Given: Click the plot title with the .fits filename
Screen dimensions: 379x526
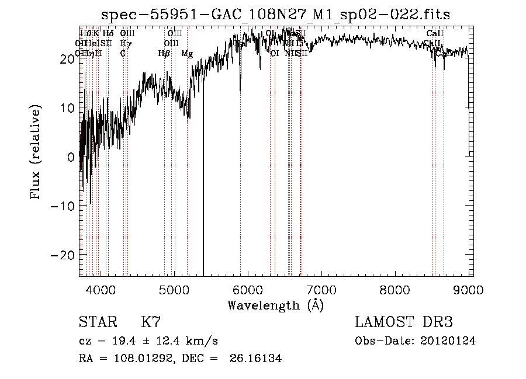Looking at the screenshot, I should coord(275,14).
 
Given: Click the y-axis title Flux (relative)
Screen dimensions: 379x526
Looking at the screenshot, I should coord(37,154).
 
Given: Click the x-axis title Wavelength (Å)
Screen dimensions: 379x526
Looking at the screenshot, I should coord(275,305).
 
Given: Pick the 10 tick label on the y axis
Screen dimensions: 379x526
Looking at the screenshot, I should coord(67,108).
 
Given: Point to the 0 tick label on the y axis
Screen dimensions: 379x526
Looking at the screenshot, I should coord(71,157).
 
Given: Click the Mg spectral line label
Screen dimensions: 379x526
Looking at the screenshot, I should coord(187,54).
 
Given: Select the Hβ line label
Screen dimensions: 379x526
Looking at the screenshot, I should coord(164,54).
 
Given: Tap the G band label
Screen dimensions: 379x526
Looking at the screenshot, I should coord(123,54).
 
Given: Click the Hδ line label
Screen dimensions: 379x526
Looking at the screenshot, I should coord(108,34).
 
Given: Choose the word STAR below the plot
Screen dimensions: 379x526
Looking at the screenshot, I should coord(97,322).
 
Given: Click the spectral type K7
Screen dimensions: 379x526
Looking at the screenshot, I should coord(151,322).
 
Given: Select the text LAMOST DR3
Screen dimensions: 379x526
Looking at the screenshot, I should coord(404,322).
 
